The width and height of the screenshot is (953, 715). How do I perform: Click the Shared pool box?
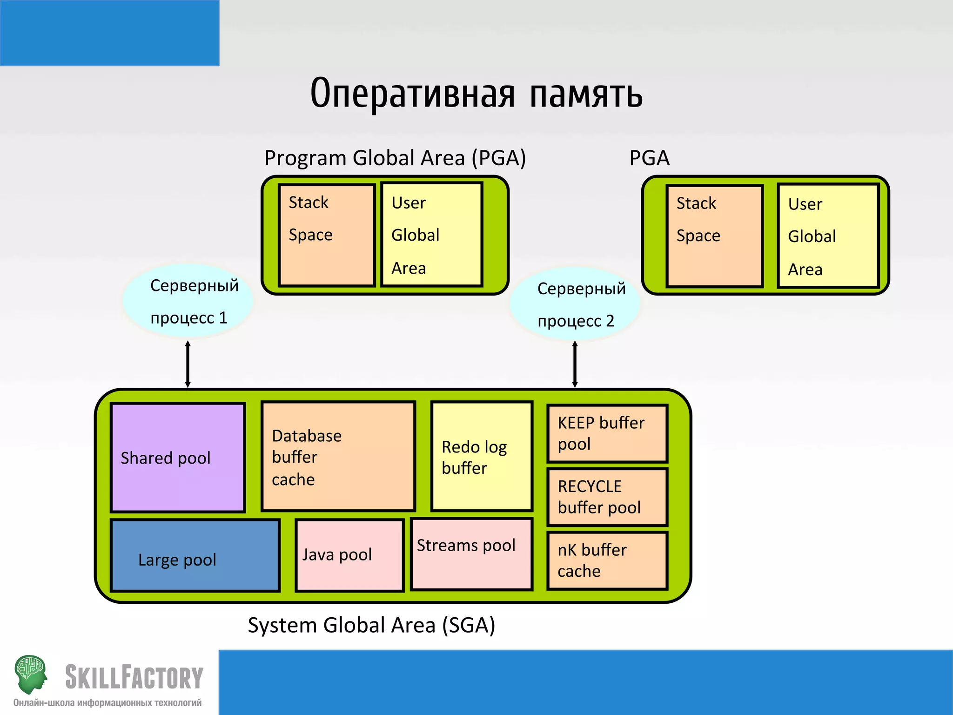point(178,458)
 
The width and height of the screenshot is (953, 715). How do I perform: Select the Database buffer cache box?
point(338,457)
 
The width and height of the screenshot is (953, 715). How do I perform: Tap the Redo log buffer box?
point(482,457)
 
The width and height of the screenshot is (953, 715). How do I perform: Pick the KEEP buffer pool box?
point(607,433)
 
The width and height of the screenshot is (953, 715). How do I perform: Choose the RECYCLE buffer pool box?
point(607,497)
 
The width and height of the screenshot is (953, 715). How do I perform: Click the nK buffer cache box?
point(607,560)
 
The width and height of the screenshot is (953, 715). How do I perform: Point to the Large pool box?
point(195,556)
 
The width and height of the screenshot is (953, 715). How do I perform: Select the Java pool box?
point(349,555)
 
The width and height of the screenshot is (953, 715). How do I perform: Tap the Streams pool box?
point(471,554)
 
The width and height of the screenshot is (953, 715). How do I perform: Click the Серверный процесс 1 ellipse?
point(188,301)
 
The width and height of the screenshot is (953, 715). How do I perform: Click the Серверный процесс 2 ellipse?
point(575,304)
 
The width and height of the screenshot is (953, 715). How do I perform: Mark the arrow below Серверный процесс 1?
point(188,364)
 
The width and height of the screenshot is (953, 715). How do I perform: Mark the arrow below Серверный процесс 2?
point(575,364)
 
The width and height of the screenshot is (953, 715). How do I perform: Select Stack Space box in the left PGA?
point(327,235)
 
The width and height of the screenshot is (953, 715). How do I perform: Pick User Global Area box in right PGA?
point(828,236)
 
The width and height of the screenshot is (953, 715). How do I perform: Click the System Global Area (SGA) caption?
point(371,625)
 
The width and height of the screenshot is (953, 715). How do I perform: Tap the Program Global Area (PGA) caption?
point(395,158)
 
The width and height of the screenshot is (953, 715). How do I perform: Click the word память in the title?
point(586,94)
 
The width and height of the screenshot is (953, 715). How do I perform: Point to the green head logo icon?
point(31,673)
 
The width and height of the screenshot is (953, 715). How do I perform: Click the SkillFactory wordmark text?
point(134,677)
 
